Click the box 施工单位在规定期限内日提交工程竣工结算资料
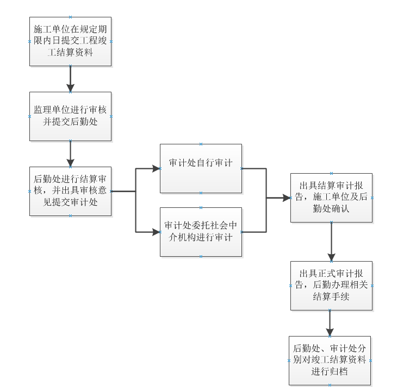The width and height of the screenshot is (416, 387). [70, 41]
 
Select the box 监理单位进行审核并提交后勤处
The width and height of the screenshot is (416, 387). [70, 116]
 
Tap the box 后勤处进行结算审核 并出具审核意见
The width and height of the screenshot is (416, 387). [70, 191]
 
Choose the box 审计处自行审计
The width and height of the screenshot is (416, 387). [201, 168]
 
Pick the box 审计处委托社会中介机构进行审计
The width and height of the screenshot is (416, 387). [201, 232]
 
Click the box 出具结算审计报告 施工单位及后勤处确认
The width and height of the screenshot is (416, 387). [331, 198]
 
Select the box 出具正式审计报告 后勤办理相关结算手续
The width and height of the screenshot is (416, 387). [331, 286]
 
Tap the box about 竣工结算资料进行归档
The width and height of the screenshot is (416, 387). [330, 360]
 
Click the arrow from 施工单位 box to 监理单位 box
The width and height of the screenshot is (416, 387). [70, 79]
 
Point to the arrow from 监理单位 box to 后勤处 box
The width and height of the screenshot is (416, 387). [70, 154]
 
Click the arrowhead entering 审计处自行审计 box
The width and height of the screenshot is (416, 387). [157, 168]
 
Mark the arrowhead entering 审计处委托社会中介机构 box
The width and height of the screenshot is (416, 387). [157, 232]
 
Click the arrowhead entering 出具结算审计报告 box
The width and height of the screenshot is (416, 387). [287, 198]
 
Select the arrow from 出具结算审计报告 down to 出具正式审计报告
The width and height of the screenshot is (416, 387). [331, 242]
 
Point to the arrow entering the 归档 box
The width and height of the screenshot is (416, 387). [330, 323]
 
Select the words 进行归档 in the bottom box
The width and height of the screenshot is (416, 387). [330, 372]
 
